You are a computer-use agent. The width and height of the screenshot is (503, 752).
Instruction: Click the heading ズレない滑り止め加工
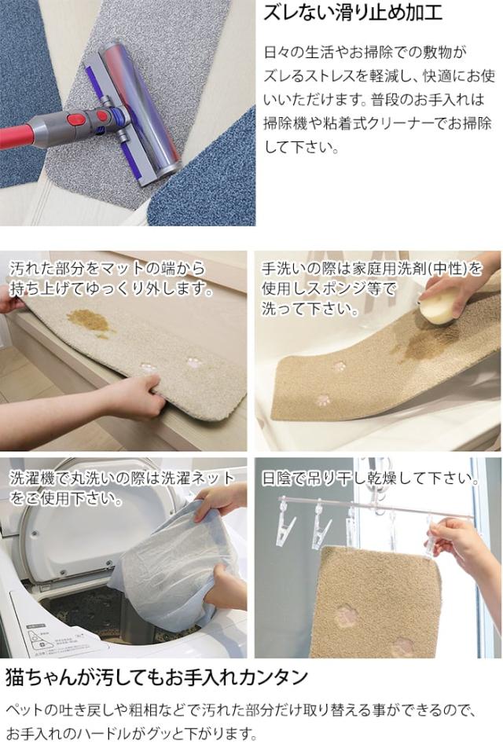click(x=352, y=13)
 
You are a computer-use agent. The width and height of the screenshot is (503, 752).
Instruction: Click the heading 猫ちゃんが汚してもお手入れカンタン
click(x=156, y=677)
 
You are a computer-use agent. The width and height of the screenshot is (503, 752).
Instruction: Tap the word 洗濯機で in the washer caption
click(x=39, y=479)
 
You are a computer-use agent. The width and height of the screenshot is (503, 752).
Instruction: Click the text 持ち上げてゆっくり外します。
click(x=112, y=288)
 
